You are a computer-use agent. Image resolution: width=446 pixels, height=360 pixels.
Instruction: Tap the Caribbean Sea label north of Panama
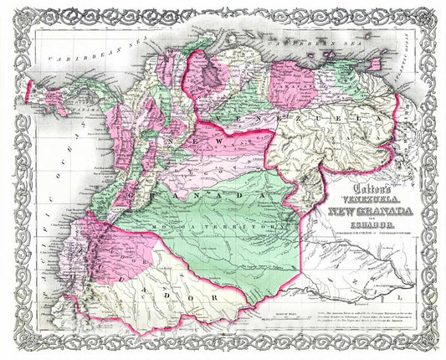click(73, 56)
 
